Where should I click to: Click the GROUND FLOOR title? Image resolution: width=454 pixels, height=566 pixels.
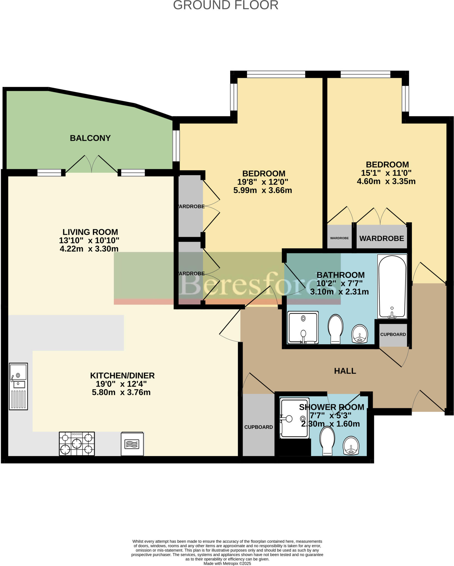(x=225, y=5)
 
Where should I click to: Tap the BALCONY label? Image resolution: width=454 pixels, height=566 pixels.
(x=90, y=138)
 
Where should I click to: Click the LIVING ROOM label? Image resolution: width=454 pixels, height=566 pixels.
(x=90, y=232)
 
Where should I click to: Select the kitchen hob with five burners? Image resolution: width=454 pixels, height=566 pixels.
(x=77, y=444)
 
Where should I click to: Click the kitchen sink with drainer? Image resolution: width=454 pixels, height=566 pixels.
(x=19, y=386)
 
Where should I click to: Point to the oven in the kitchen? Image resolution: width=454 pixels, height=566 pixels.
(x=132, y=444)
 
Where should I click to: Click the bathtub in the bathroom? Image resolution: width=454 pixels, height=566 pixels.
(x=392, y=286)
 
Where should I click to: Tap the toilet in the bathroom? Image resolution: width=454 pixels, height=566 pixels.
(x=335, y=329)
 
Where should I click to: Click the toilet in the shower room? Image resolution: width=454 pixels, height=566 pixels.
(x=327, y=441)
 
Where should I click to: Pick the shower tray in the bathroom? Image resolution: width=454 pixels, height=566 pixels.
(x=303, y=327)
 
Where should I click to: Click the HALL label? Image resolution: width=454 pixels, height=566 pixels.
(x=345, y=371)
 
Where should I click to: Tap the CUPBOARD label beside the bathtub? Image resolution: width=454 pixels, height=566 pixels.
(x=393, y=334)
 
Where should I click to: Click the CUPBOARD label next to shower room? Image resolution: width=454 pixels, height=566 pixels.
(x=258, y=427)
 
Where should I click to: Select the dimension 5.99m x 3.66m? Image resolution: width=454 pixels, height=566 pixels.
(x=263, y=190)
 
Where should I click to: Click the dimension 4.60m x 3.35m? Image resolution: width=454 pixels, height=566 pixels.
(x=386, y=181)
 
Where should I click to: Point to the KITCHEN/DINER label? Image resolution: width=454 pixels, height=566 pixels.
(x=122, y=376)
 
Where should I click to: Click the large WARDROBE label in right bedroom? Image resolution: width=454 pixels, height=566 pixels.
(x=381, y=238)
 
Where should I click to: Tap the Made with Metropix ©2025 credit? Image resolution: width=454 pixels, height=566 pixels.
(x=227, y=563)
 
